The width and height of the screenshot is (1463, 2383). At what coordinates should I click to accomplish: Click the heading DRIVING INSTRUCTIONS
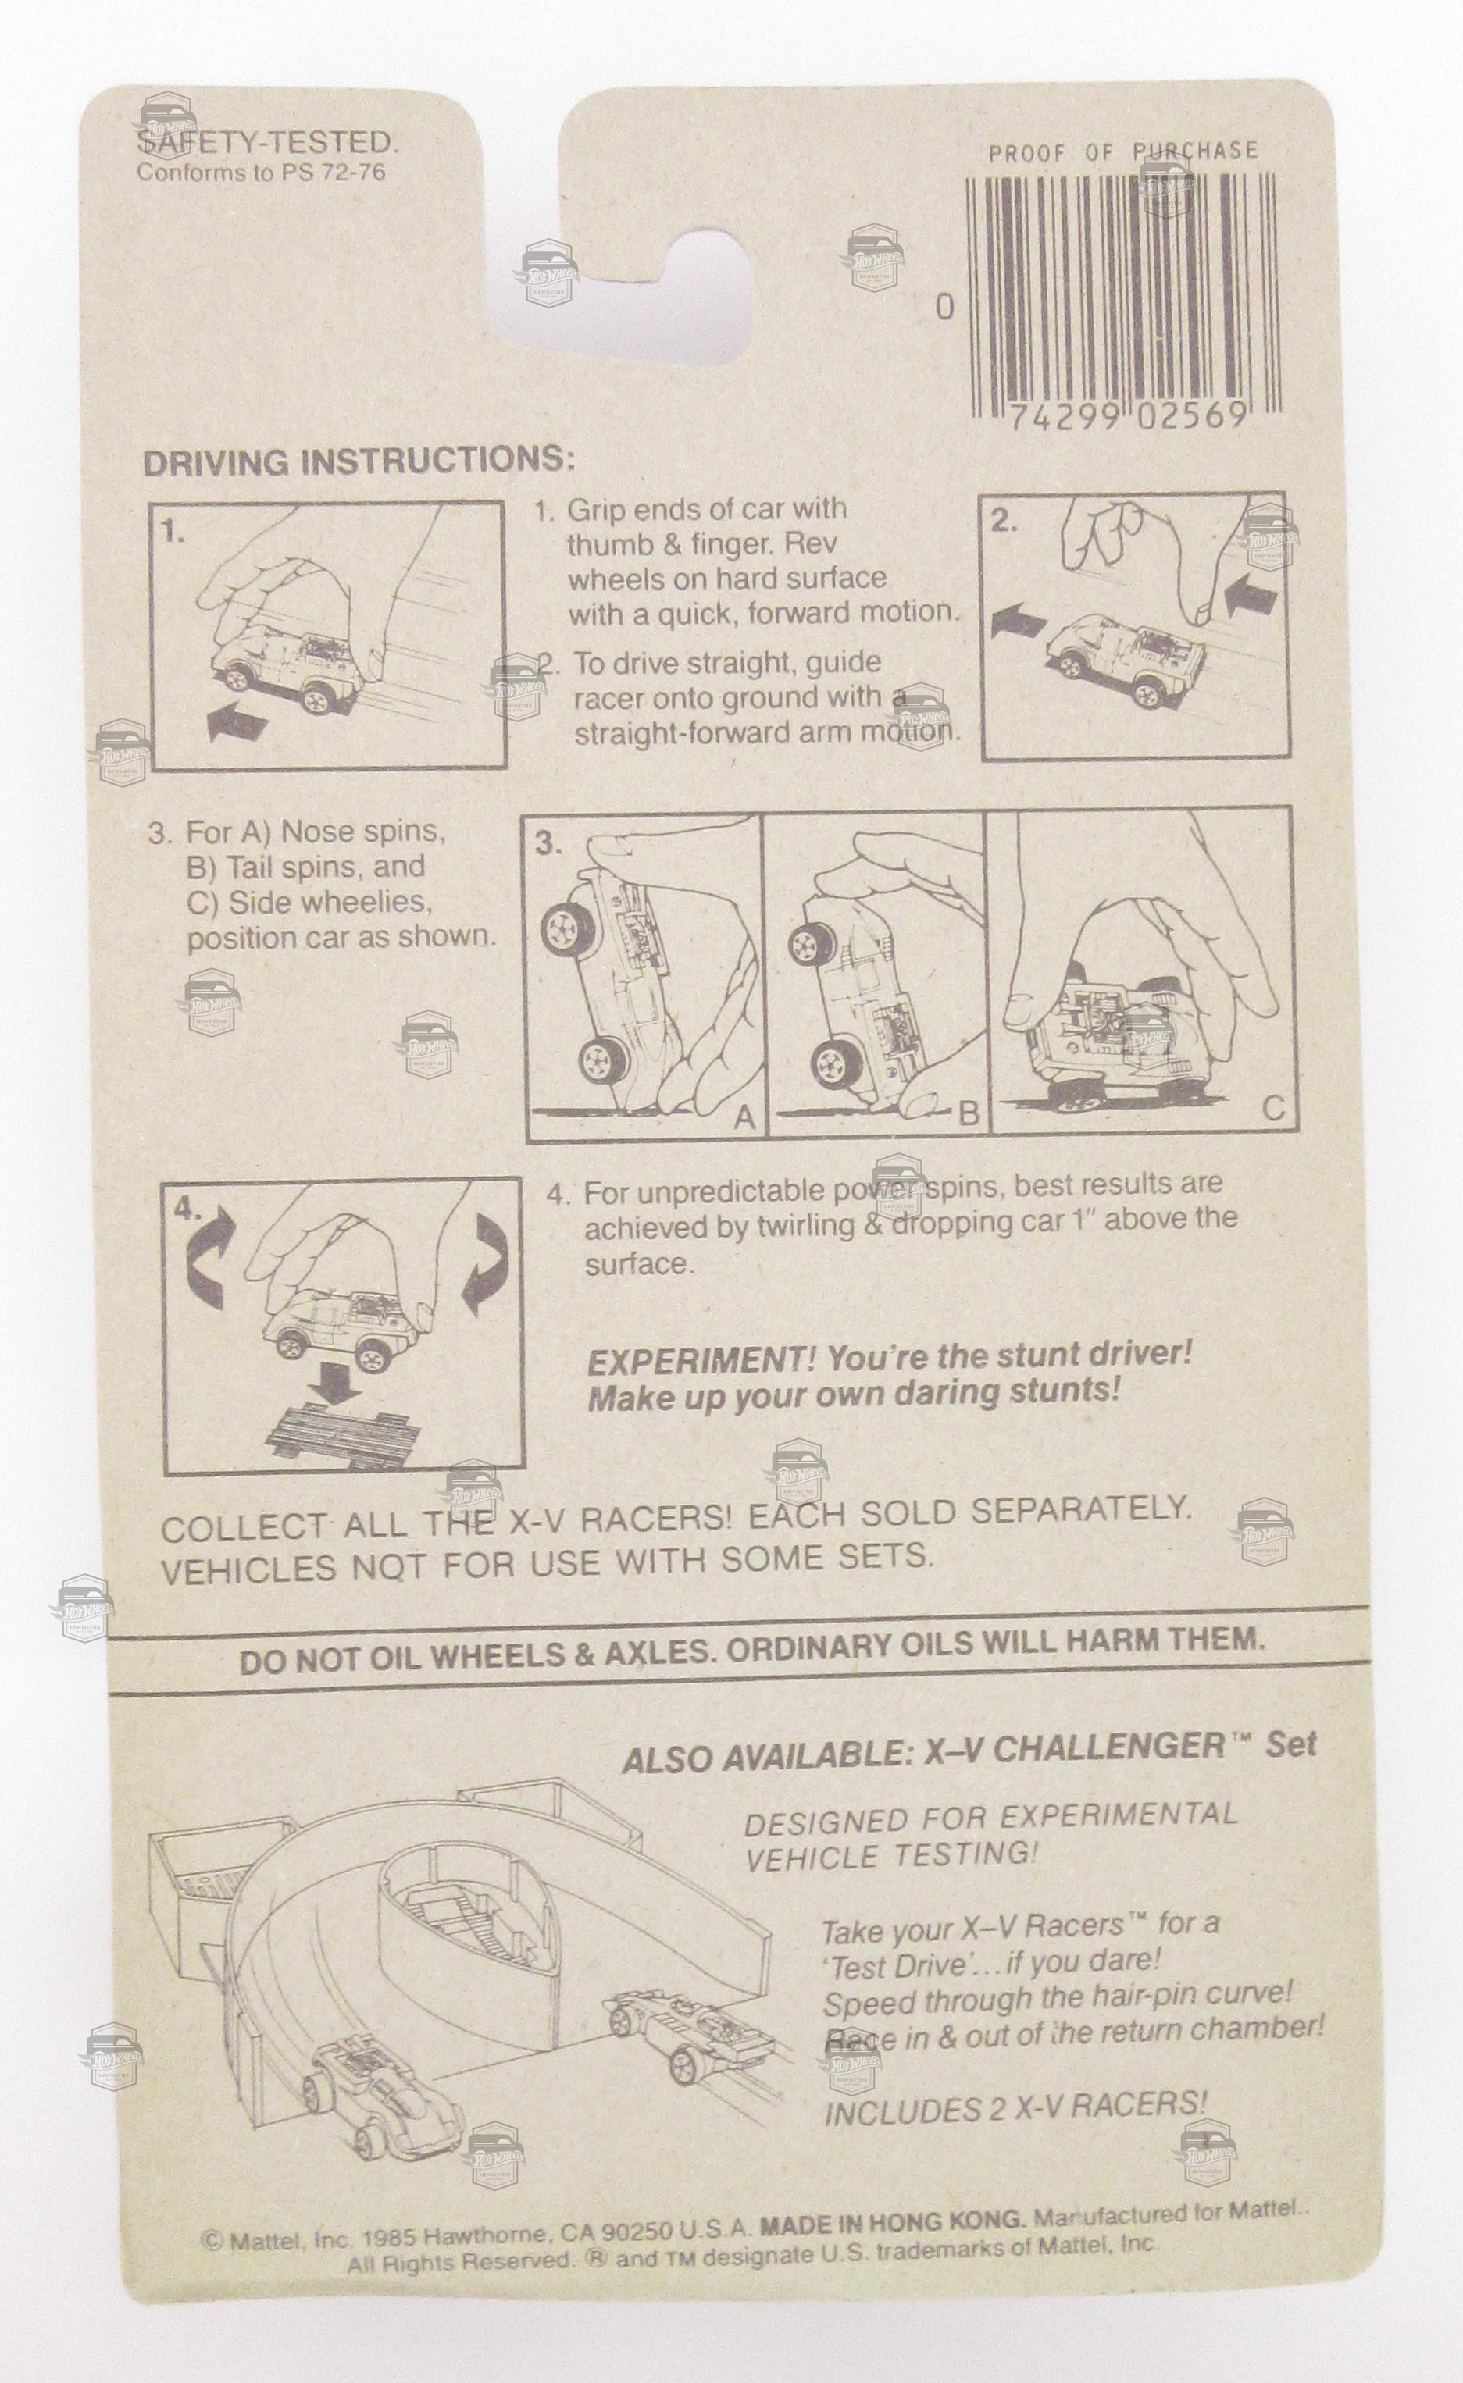pos(358,461)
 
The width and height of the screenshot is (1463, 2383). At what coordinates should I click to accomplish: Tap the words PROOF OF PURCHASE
pos(1123,151)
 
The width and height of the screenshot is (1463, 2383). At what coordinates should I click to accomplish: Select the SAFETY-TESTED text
pos(267,143)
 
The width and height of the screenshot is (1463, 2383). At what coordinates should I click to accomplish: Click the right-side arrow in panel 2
pos(1255,592)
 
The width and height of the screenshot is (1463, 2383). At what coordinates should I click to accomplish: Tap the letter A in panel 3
pos(744,1117)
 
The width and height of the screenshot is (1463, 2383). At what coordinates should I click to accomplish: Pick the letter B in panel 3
pos(969,1114)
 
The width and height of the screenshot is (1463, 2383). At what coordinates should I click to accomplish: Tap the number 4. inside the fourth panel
pos(190,1210)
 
